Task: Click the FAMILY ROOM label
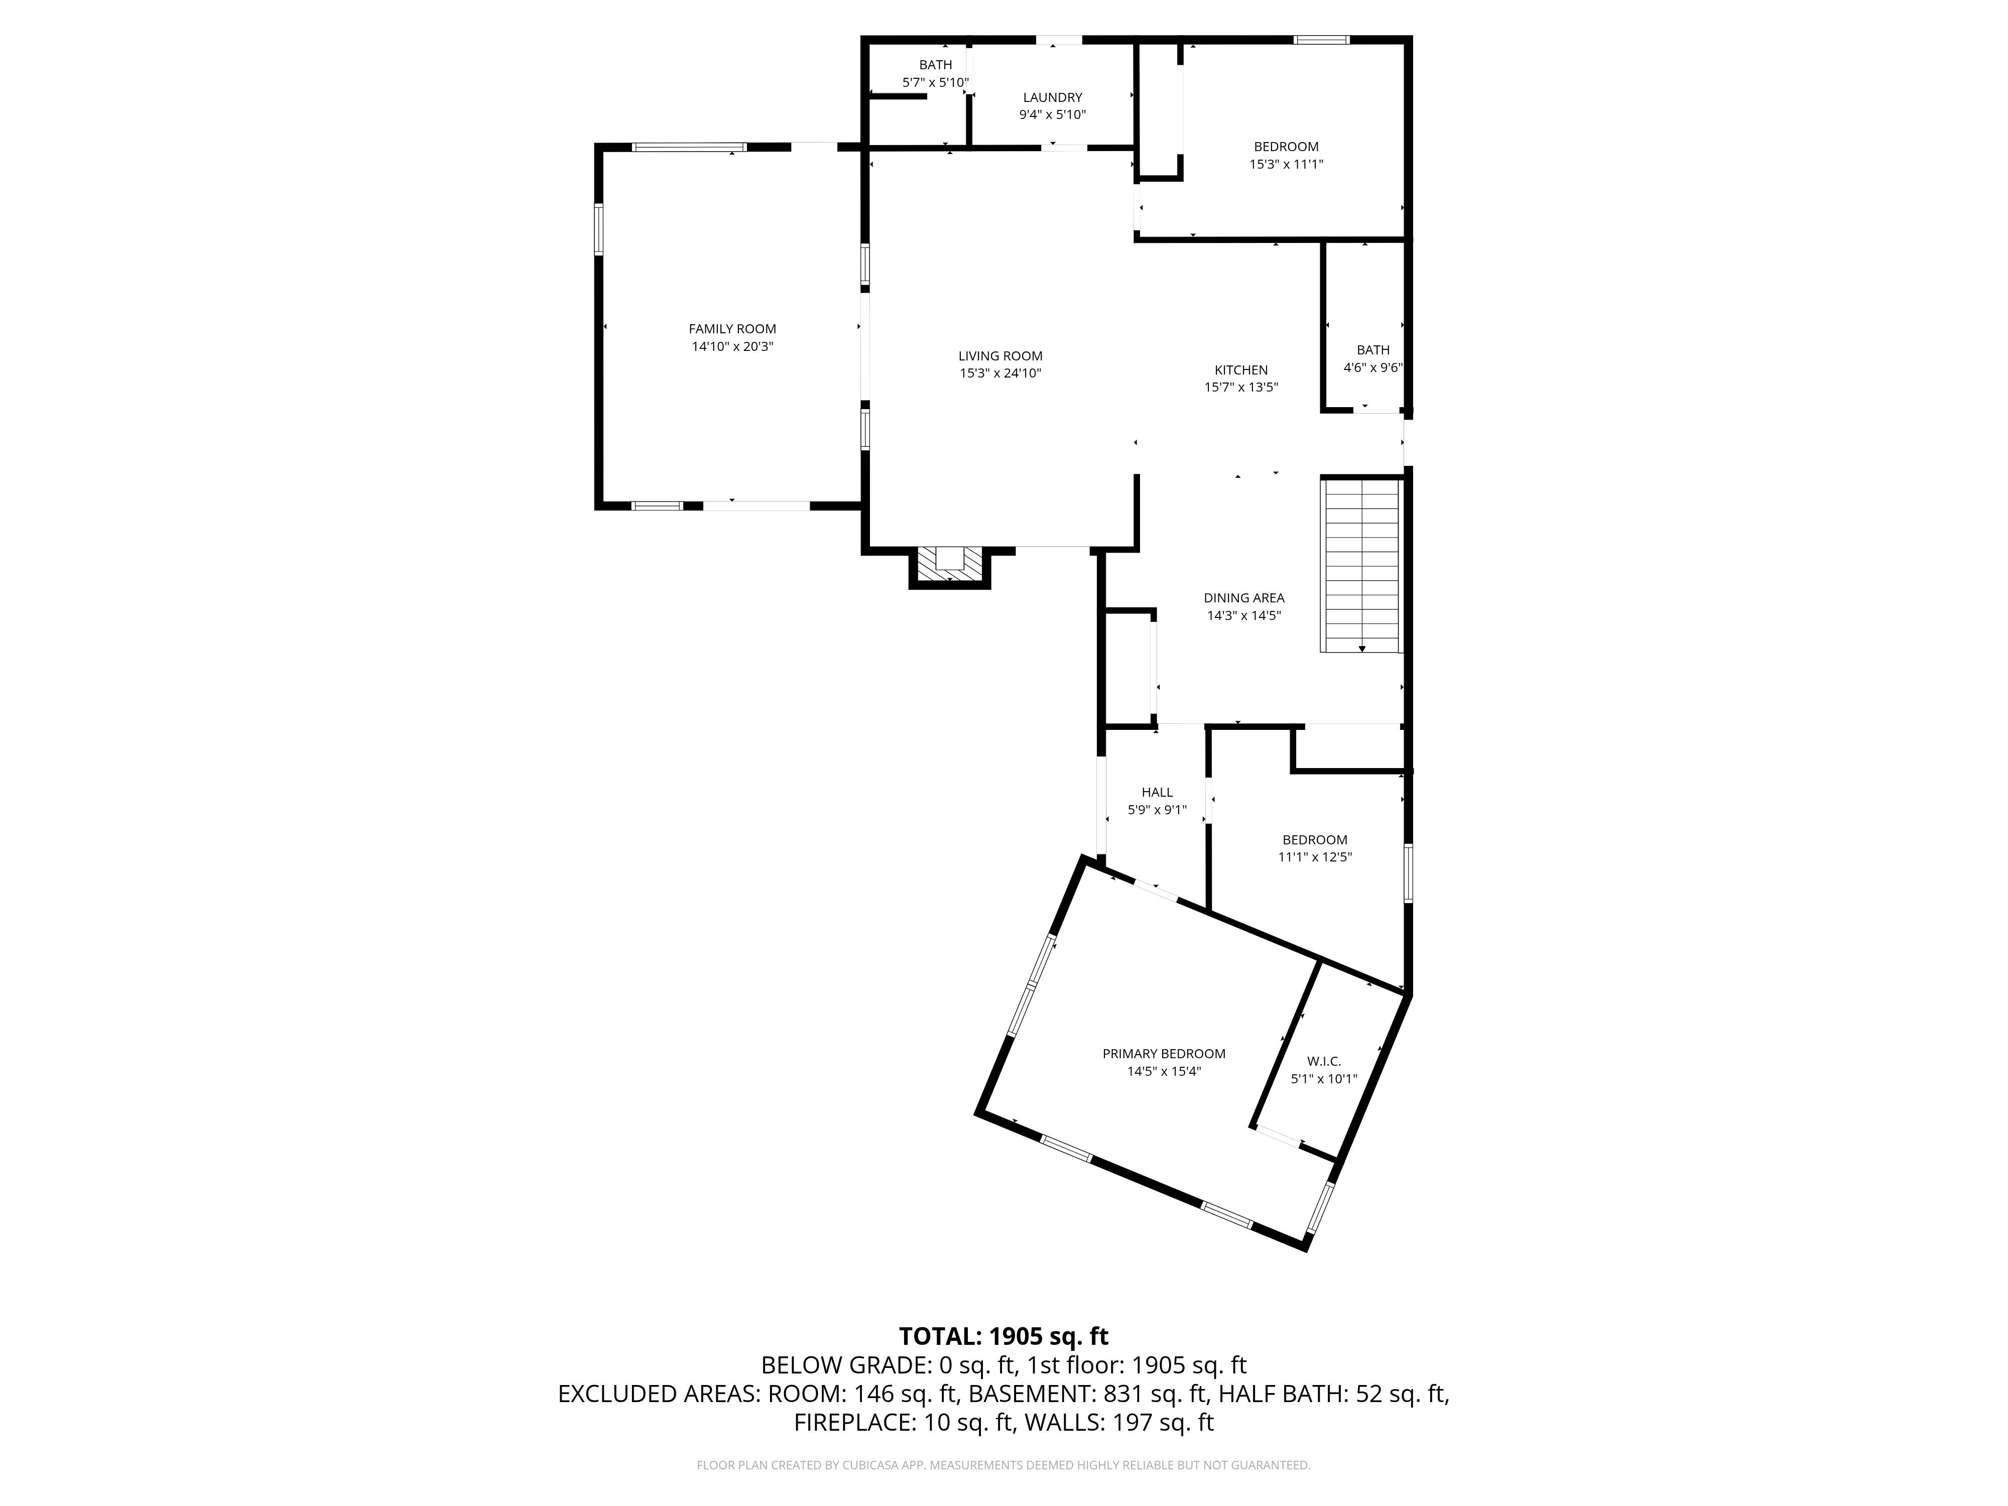tap(732, 329)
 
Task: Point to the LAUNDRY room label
tap(1052, 97)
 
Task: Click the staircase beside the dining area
tap(1361, 563)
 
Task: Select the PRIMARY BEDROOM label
tap(1164, 1053)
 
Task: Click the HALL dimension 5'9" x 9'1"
tap(1157, 810)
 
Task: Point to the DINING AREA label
tap(1243, 597)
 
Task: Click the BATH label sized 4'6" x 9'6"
tap(1372, 349)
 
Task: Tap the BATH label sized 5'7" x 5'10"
tap(935, 64)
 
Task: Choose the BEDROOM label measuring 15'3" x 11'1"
tap(1286, 146)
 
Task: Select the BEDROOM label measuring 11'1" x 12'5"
tap(1314, 840)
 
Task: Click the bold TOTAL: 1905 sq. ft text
tap(1003, 1336)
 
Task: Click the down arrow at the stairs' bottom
tap(1361, 648)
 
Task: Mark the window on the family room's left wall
tap(599, 229)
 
